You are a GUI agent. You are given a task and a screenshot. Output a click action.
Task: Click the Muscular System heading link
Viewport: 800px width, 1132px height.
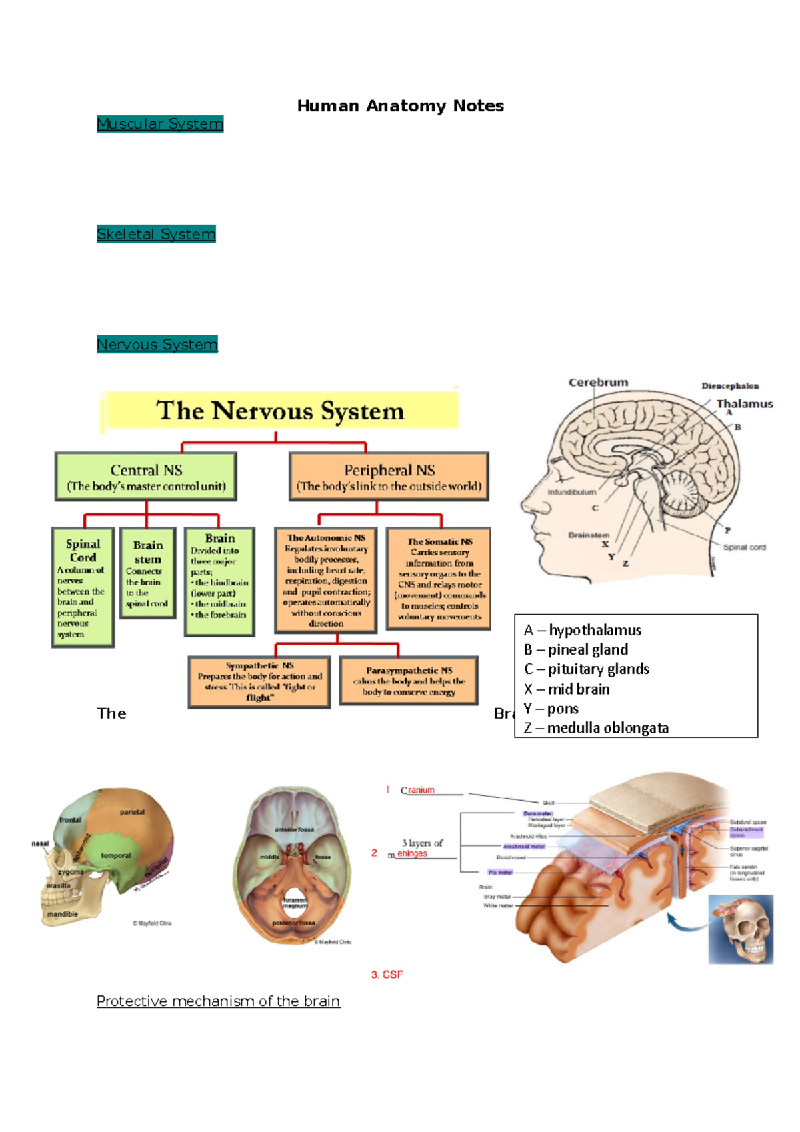coord(159,124)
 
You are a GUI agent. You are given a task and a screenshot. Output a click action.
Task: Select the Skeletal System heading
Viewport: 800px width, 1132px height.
coord(156,234)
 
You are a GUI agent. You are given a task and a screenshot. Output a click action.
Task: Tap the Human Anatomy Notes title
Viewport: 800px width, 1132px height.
coord(400,106)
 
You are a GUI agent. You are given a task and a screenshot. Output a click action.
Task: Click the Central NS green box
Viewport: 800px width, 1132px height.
coord(146,477)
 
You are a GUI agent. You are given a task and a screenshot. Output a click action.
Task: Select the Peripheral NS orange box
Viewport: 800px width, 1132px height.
coord(389,477)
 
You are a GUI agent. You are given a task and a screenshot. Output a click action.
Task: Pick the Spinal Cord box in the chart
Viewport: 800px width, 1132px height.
coord(83,587)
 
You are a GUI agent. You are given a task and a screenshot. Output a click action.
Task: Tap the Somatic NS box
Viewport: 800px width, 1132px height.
coord(439,579)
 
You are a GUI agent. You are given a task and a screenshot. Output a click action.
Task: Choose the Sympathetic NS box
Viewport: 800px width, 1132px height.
coord(259,681)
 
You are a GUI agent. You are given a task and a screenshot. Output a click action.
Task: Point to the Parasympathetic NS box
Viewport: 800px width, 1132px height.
coord(409,681)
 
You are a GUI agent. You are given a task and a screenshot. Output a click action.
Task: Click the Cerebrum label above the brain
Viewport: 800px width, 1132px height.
coord(598,383)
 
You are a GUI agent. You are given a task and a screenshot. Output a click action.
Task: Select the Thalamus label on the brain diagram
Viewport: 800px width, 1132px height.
coord(744,404)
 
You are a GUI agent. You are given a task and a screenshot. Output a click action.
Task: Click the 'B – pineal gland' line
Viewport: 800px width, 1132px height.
coord(576,649)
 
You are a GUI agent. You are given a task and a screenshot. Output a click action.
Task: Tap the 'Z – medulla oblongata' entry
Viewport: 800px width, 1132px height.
coord(596,728)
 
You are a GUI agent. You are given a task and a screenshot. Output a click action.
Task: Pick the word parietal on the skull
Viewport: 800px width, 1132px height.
coord(132,812)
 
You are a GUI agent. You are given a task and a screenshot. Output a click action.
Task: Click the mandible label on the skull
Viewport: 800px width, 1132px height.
coord(63,914)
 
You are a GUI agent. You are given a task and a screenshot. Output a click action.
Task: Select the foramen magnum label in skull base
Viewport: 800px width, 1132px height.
coord(294,903)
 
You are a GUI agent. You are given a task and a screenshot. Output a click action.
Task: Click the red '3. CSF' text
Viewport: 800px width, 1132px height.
coord(387,975)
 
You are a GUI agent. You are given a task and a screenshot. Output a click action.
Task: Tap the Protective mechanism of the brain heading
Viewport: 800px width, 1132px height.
coord(218,1001)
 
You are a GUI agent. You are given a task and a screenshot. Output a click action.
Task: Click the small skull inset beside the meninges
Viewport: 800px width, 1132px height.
coord(741,929)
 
